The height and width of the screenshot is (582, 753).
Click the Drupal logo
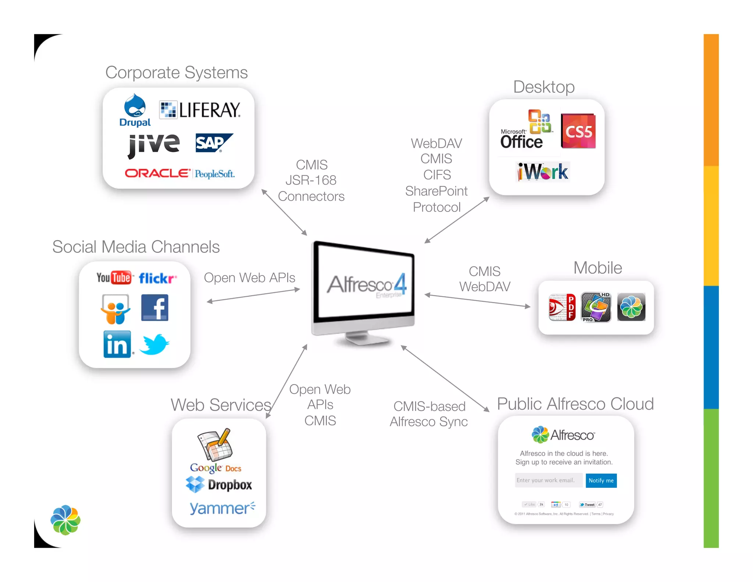(x=135, y=110)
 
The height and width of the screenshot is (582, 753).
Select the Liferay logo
(x=200, y=110)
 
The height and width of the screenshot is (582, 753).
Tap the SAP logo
(x=214, y=143)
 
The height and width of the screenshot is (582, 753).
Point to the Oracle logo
(x=158, y=173)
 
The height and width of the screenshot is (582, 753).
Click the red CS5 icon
(x=578, y=131)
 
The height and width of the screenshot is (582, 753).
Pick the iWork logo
(x=543, y=172)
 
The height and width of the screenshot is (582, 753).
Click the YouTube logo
(x=114, y=278)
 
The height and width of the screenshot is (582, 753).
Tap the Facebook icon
(x=155, y=308)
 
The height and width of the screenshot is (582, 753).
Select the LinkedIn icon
(x=117, y=344)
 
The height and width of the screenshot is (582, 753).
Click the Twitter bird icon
(x=154, y=344)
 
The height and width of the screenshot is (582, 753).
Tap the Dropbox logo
(x=219, y=485)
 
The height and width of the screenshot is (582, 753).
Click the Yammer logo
(x=222, y=508)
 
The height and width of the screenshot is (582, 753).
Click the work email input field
(x=548, y=480)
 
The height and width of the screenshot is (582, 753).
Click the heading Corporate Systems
(x=176, y=72)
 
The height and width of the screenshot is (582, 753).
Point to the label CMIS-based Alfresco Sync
(x=429, y=414)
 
